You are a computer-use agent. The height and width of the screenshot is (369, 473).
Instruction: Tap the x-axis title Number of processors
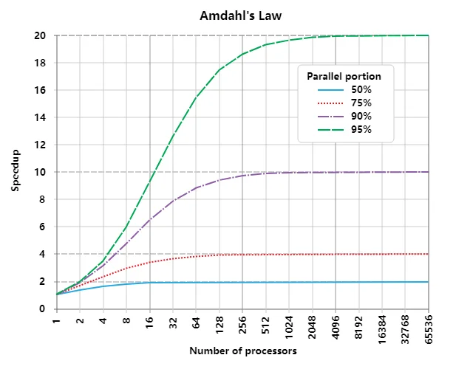click(x=242, y=351)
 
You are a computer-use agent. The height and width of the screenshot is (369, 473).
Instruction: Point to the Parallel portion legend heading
click(x=345, y=75)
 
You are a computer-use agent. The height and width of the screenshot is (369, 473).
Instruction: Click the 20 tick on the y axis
click(x=43, y=35)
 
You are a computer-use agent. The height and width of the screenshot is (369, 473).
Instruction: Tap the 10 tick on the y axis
click(x=43, y=172)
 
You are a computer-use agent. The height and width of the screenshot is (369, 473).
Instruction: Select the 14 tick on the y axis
click(x=43, y=117)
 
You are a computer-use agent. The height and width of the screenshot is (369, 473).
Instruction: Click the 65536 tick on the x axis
click(x=429, y=326)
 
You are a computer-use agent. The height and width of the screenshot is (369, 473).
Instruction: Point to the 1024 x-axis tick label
click(x=289, y=325)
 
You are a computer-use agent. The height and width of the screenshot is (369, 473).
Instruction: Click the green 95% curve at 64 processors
click(x=197, y=97)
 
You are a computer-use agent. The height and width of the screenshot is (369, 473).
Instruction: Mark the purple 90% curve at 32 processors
click(x=173, y=201)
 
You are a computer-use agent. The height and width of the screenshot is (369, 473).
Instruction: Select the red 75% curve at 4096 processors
click(x=336, y=254)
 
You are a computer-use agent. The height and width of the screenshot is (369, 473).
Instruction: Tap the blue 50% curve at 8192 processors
click(x=359, y=281)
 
